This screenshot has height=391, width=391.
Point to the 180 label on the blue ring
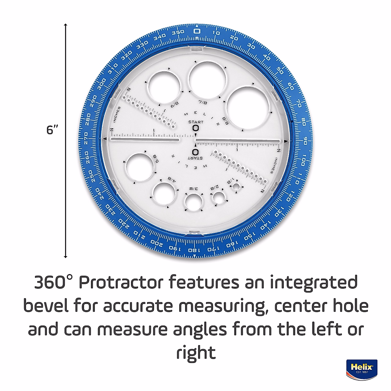click(x=193, y=251)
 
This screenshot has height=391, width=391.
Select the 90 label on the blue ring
click(x=305, y=141)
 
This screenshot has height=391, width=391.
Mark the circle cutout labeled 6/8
click(x=165, y=86)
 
